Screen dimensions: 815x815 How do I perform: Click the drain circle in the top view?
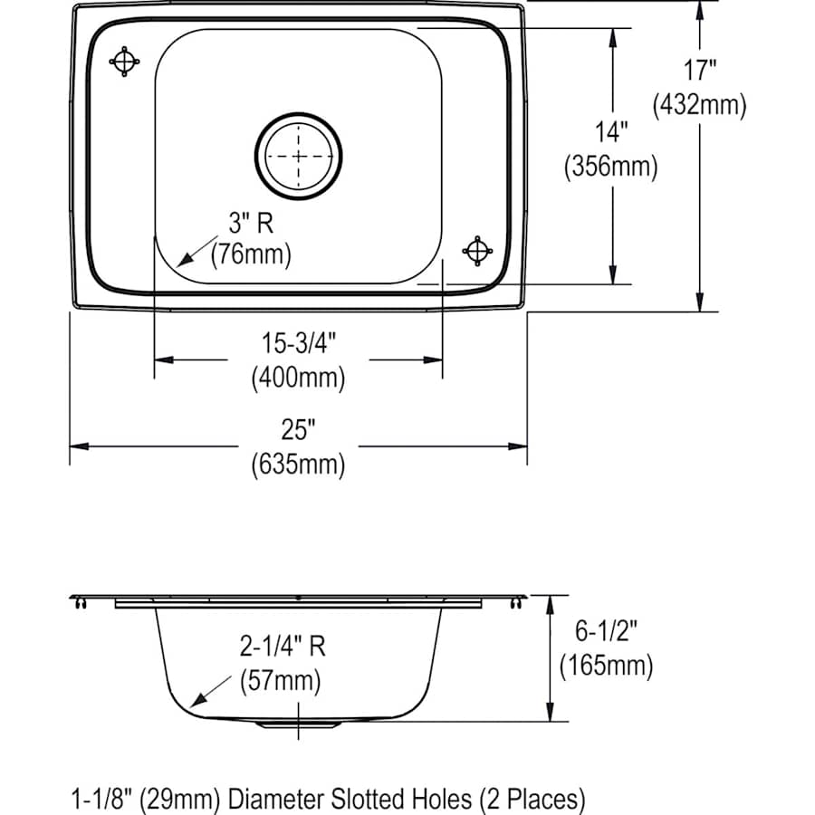tap(299, 156)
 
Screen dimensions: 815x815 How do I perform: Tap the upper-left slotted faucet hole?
tap(124, 61)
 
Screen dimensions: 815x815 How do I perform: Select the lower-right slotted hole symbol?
tap(477, 250)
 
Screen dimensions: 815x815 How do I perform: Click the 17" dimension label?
tap(699, 70)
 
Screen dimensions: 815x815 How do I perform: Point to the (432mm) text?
tap(699, 105)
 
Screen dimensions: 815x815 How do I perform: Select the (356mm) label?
tap(609, 167)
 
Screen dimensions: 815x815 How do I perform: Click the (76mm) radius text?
tap(251, 255)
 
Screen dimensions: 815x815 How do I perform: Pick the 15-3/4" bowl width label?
tap(298, 343)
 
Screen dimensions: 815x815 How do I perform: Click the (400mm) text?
tap(298, 377)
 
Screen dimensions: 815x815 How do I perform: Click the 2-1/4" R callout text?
tap(282, 646)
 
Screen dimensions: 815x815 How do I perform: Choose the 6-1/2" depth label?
tap(606, 631)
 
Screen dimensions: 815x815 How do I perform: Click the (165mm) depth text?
tap(606, 666)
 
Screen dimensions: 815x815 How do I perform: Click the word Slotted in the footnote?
tap(347, 798)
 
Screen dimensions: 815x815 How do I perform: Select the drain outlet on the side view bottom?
tap(298, 724)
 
